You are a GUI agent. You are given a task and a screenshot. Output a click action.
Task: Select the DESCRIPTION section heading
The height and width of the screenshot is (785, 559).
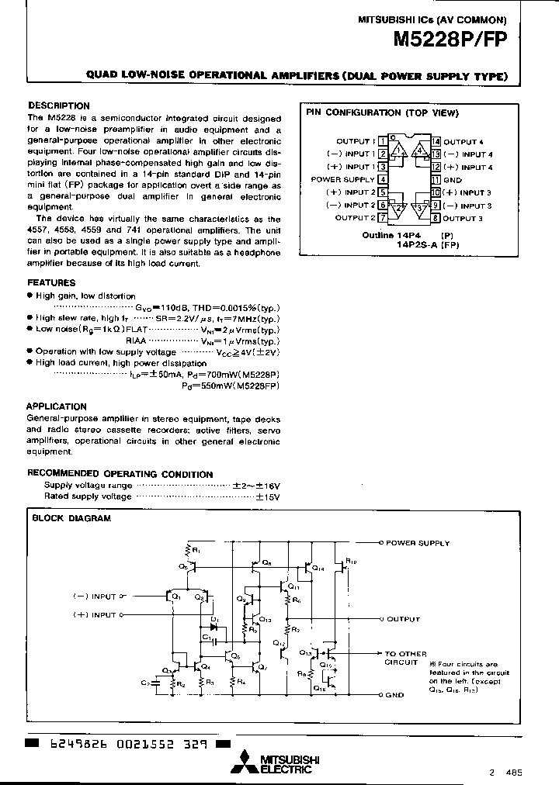tap(59, 105)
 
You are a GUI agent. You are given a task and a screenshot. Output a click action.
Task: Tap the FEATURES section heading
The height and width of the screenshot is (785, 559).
tap(51, 283)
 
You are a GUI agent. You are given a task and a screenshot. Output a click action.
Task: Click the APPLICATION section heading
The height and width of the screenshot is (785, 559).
tap(57, 406)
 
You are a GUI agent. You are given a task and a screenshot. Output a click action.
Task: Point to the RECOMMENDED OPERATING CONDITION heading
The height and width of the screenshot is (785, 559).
tap(120, 474)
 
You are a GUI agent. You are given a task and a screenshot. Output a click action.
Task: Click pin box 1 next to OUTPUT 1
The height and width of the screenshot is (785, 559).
tap(383, 141)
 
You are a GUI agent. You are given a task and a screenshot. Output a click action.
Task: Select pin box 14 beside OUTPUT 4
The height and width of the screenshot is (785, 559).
tap(436, 141)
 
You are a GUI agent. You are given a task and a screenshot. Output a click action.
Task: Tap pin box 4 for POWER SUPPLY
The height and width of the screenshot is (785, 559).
tap(383, 179)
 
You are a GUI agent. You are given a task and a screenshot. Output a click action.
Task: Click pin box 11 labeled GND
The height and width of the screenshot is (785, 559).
tap(436, 179)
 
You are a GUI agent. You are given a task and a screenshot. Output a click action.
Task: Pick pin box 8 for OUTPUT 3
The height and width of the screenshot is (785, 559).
tap(436, 218)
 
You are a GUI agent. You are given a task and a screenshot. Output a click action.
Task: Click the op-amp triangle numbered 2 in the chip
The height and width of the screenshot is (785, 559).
tap(399, 208)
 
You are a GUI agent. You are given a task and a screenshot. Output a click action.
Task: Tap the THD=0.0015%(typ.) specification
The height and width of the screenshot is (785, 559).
tap(237, 307)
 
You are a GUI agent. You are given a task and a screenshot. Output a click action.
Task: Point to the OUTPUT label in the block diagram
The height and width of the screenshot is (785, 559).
tap(403, 619)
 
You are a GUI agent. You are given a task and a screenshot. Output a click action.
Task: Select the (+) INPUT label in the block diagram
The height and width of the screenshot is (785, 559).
tap(93, 614)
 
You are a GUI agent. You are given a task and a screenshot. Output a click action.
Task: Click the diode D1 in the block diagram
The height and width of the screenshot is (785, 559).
tap(214, 627)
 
